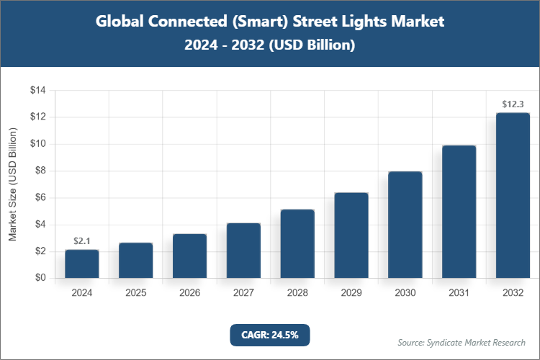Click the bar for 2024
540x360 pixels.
coord(81,264)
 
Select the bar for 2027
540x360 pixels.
coord(243,251)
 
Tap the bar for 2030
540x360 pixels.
coord(405,225)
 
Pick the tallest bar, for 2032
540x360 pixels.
coord(513,195)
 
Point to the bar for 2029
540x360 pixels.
coord(351,235)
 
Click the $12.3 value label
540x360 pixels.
coord(513,104)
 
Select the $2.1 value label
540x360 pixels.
coord(81,241)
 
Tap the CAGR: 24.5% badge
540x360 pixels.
coord(269,334)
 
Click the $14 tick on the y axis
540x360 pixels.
coord(37,90)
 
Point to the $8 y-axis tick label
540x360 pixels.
coord(40,171)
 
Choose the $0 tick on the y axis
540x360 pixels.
coord(40,278)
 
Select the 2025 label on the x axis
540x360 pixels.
coord(135,293)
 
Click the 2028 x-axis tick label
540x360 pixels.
coord(297,293)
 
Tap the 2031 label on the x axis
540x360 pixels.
coord(459,293)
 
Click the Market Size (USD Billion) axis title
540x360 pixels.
coord(13,184)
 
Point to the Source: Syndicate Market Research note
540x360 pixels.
coord(461,342)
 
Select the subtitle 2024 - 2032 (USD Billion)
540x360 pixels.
coord(270,45)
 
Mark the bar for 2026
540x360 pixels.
coord(189,256)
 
